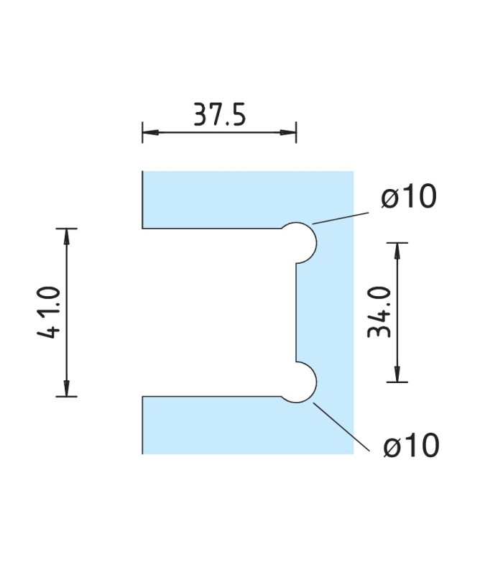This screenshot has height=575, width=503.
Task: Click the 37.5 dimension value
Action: point(219,114)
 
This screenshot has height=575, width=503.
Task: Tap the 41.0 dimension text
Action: point(48,312)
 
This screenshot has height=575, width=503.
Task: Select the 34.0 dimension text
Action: point(379,311)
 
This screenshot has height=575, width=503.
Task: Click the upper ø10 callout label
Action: point(409,197)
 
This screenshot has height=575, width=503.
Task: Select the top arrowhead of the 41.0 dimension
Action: point(67,234)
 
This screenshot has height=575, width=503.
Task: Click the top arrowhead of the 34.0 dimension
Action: point(397,248)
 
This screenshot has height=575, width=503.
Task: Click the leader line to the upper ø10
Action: point(341,217)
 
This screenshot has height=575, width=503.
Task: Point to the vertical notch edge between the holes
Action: point(295,312)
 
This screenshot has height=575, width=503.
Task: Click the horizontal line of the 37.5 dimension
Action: point(219,132)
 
